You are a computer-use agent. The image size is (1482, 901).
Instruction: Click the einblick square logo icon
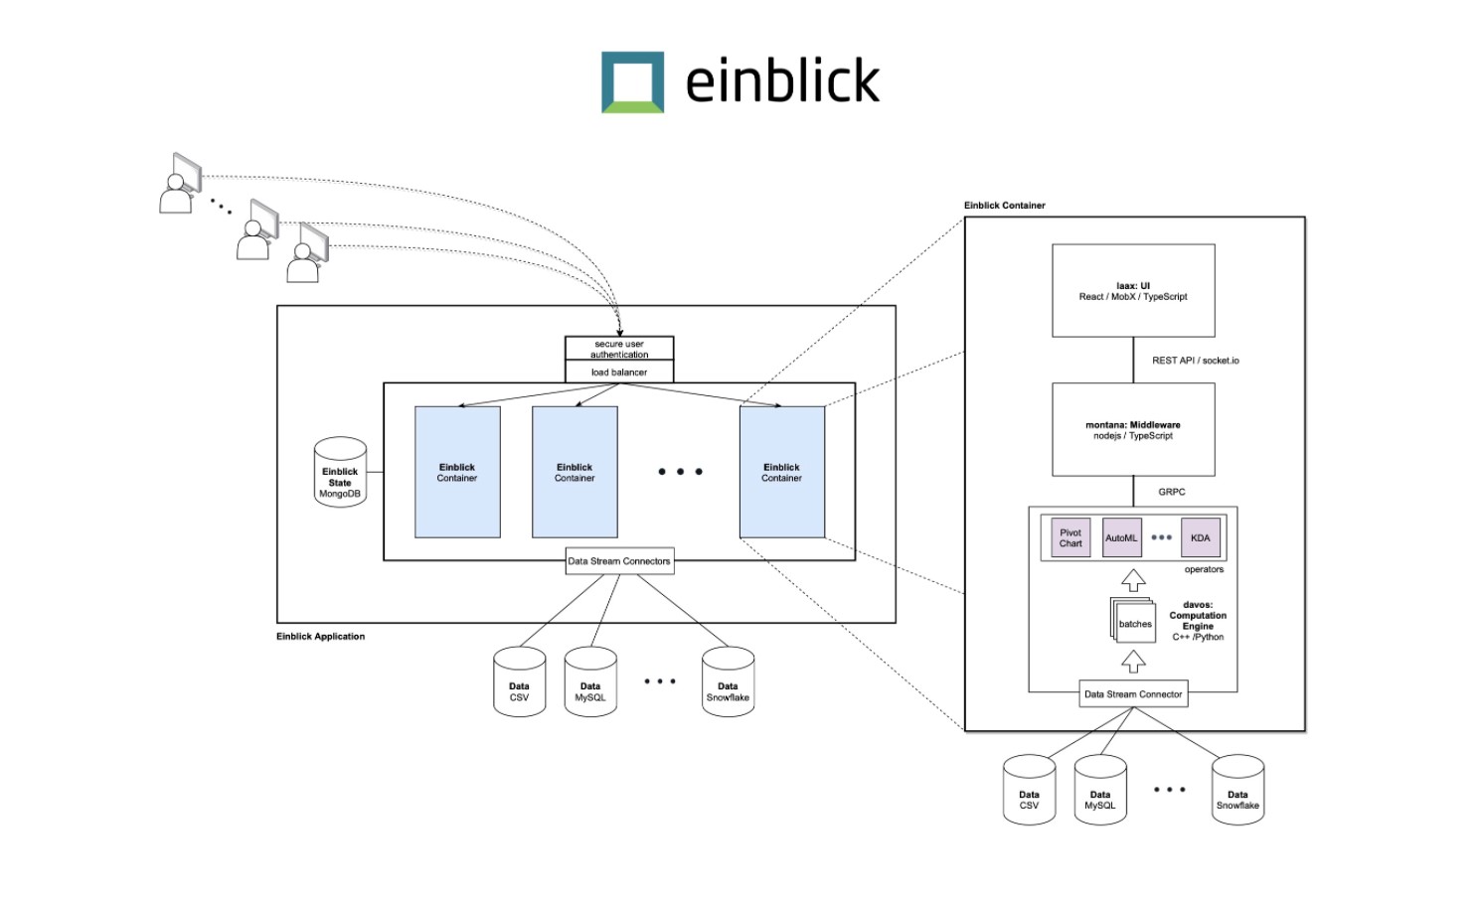tap(632, 82)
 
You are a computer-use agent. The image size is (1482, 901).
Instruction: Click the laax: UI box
tap(1133, 291)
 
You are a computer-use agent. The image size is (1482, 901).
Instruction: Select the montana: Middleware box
tap(1133, 430)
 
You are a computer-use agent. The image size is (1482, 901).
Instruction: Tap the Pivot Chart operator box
tap(1070, 538)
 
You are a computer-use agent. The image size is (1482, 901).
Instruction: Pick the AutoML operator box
tap(1121, 538)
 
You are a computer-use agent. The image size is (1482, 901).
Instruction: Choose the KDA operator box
tap(1201, 538)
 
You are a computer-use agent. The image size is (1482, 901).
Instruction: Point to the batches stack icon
tap(1133, 621)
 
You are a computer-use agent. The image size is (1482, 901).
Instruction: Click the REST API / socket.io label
tap(1196, 361)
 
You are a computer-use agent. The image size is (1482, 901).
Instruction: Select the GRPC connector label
tap(1172, 492)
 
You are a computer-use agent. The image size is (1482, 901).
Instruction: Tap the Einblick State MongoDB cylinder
tap(340, 473)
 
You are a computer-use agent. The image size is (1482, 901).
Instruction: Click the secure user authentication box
tap(619, 349)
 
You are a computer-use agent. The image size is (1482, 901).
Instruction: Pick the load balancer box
tap(619, 373)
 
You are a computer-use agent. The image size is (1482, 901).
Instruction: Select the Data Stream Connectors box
tap(619, 561)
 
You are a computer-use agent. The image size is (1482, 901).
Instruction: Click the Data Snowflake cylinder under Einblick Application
tap(728, 682)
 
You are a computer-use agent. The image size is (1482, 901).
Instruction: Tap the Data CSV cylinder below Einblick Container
tap(1029, 791)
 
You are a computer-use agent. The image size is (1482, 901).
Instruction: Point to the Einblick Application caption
tap(320, 637)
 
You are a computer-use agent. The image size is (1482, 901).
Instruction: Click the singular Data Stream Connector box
tap(1133, 694)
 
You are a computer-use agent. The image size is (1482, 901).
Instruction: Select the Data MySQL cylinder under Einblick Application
tap(590, 682)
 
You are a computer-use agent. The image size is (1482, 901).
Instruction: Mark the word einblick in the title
tap(782, 81)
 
